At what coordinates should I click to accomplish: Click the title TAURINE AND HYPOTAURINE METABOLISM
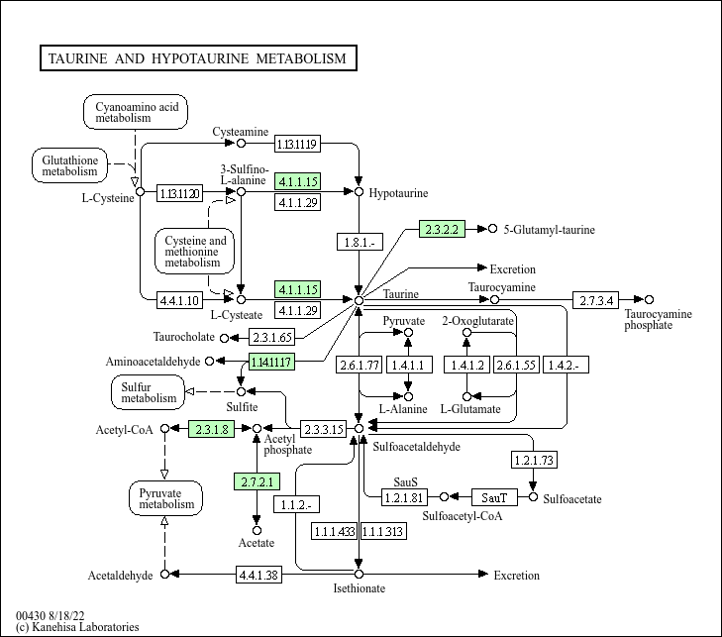click(x=196, y=58)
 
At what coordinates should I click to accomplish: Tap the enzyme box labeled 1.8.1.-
click(x=359, y=241)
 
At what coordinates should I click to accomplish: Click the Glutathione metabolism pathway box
click(x=69, y=164)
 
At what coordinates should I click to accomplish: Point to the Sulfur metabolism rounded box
click(x=149, y=391)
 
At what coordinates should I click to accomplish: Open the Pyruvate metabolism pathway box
click(x=165, y=497)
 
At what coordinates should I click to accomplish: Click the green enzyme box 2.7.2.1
click(x=257, y=482)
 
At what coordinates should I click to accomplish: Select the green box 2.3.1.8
click(x=211, y=428)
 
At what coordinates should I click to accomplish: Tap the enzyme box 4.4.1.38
click(x=259, y=575)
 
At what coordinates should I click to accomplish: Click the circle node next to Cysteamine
click(x=241, y=144)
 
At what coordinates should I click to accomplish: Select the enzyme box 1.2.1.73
click(x=534, y=460)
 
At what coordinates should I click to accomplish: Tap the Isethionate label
click(x=359, y=588)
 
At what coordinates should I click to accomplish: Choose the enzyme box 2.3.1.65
click(x=271, y=338)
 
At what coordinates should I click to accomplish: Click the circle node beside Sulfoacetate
click(x=534, y=496)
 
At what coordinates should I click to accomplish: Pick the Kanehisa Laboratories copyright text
click(x=77, y=626)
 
